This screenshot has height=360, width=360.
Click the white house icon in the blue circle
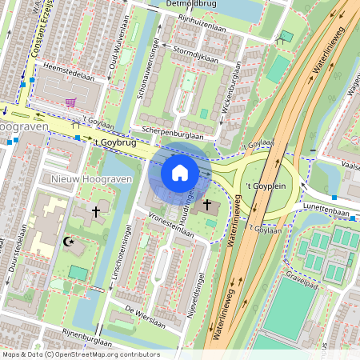pos(180,172)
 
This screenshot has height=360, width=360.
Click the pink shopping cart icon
pos(71,102)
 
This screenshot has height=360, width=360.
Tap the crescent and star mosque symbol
pos(68,240)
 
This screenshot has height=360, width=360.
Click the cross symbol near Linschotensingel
pos(97,212)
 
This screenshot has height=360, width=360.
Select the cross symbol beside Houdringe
pos(207,206)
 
